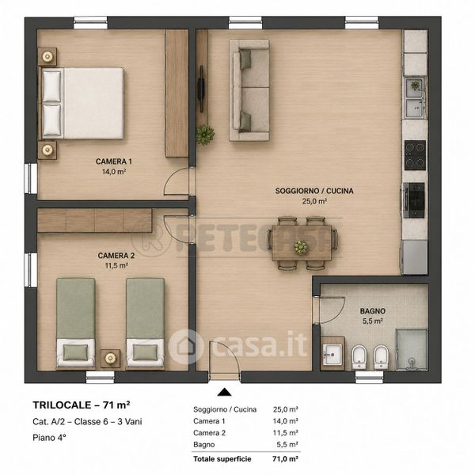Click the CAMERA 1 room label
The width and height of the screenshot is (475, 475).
[x=114, y=161]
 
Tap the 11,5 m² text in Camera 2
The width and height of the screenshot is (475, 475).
[x=116, y=266]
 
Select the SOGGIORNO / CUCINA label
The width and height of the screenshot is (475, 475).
[x=314, y=191]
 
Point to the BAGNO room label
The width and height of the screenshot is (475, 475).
[x=373, y=311]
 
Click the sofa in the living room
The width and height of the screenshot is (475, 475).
[x=249, y=90]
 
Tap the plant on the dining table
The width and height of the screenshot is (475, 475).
[x=301, y=247]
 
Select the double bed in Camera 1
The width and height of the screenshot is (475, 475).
[x=82, y=103]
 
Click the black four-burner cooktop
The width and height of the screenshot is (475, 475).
[x=415, y=155]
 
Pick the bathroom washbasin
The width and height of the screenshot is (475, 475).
[x=332, y=354]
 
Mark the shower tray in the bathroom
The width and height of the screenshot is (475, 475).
[x=412, y=350]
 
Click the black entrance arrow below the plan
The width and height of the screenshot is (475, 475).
[x=225, y=392]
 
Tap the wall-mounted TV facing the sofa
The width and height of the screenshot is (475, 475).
[x=201, y=89]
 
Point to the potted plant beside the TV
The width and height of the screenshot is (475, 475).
[x=205, y=135]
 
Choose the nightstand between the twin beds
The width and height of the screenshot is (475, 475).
[x=110, y=359]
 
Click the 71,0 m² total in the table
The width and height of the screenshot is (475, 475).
[x=285, y=459]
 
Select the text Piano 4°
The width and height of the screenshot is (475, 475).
[x=49, y=438]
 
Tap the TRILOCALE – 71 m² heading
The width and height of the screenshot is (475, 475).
[x=82, y=405]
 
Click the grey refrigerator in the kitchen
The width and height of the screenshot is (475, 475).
[x=414, y=257]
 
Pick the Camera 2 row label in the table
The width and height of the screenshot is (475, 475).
[x=209, y=433]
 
